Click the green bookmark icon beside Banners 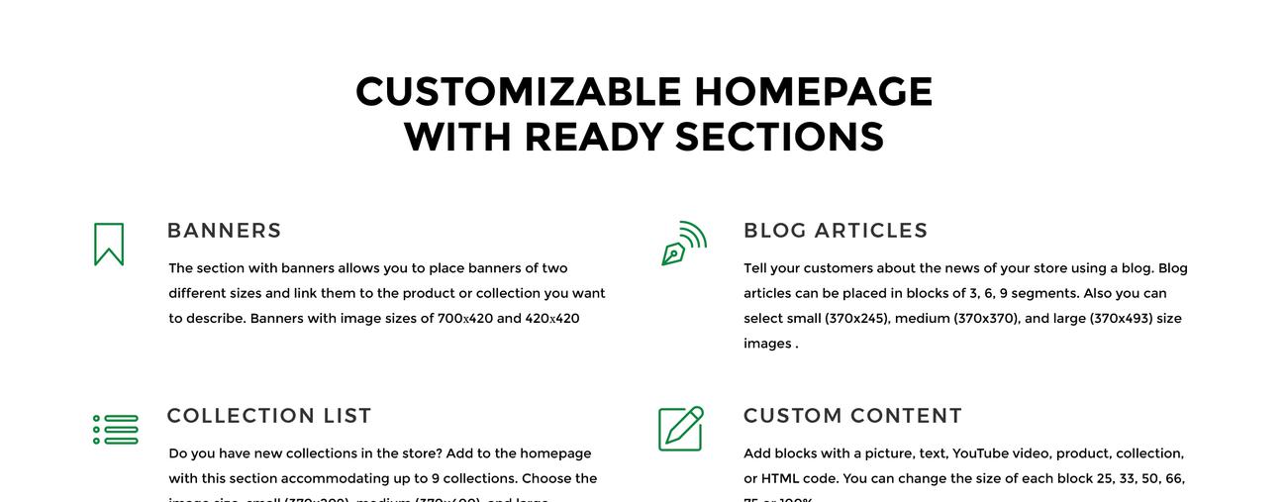point(109,245)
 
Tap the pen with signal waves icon point(683,244)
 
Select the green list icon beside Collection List point(116,430)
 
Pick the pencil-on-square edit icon point(681,428)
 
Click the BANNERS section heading point(224,231)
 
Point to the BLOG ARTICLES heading point(836,231)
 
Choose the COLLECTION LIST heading point(269,416)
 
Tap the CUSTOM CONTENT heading point(852,416)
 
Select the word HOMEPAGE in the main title point(813,92)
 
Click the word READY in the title point(593,137)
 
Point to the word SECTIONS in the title point(779,137)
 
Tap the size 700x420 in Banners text point(464,319)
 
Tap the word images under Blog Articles point(767,344)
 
